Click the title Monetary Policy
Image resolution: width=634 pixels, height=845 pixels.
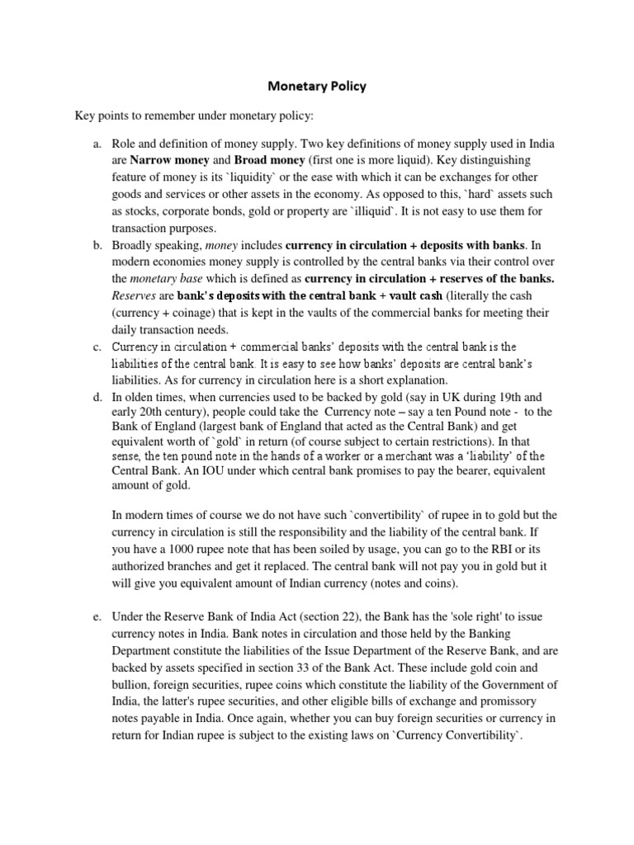(x=316, y=86)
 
